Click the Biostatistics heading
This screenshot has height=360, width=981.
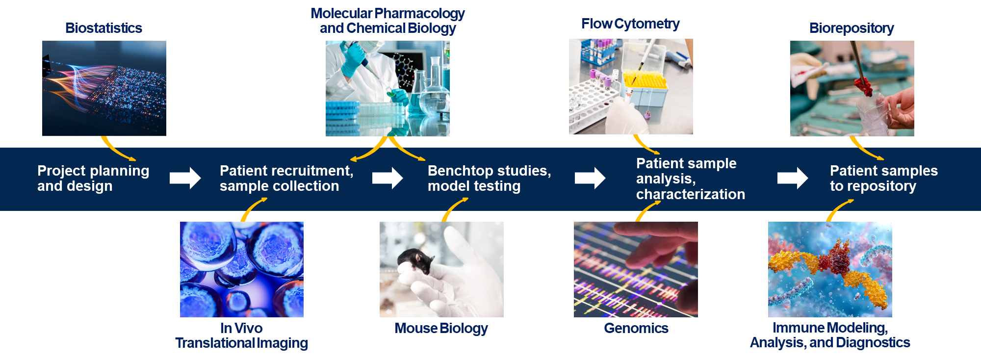coord(103,28)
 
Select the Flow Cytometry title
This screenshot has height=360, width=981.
coord(630,24)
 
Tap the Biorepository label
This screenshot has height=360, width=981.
coord(852,28)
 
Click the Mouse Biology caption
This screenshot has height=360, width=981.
coord(441,328)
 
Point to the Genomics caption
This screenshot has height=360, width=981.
coord(636,328)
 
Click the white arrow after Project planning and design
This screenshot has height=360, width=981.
coord(185,178)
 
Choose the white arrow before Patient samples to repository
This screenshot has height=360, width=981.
coord(792,178)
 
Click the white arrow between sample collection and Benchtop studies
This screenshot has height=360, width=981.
coord(387,178)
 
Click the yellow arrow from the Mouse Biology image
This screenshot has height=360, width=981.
coord(453,208)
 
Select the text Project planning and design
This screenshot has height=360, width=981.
coord(93,178)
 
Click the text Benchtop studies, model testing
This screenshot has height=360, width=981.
coord(489,178)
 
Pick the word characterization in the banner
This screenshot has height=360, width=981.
coord(690,194)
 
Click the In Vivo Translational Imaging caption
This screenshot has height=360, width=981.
coord(241,335)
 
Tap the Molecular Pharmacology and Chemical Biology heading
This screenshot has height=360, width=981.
coord(387,21)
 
